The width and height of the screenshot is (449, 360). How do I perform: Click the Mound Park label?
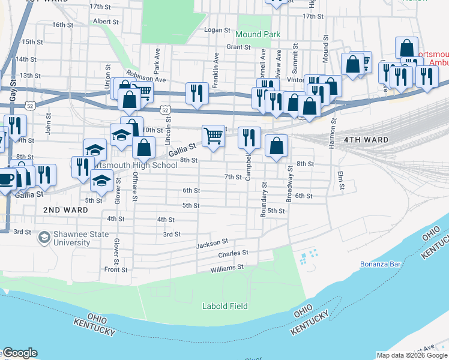point(258,34)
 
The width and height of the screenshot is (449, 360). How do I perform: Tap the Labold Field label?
point(224,306)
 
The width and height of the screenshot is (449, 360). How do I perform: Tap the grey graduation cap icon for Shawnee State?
point(44,239)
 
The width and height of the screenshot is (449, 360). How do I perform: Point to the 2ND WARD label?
point(66,210)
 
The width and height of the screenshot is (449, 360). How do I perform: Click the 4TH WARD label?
point(366,140)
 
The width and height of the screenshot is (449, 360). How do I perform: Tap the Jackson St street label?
point(212,244)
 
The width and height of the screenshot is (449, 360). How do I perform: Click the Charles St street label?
point(233,254)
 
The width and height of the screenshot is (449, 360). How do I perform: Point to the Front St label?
point(116,270)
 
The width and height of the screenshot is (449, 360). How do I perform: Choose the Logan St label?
point(217,30)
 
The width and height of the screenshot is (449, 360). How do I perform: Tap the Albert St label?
point(106,21)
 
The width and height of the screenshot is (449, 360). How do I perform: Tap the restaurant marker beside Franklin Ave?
point(197,93)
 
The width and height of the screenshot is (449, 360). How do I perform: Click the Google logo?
point(19,353)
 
